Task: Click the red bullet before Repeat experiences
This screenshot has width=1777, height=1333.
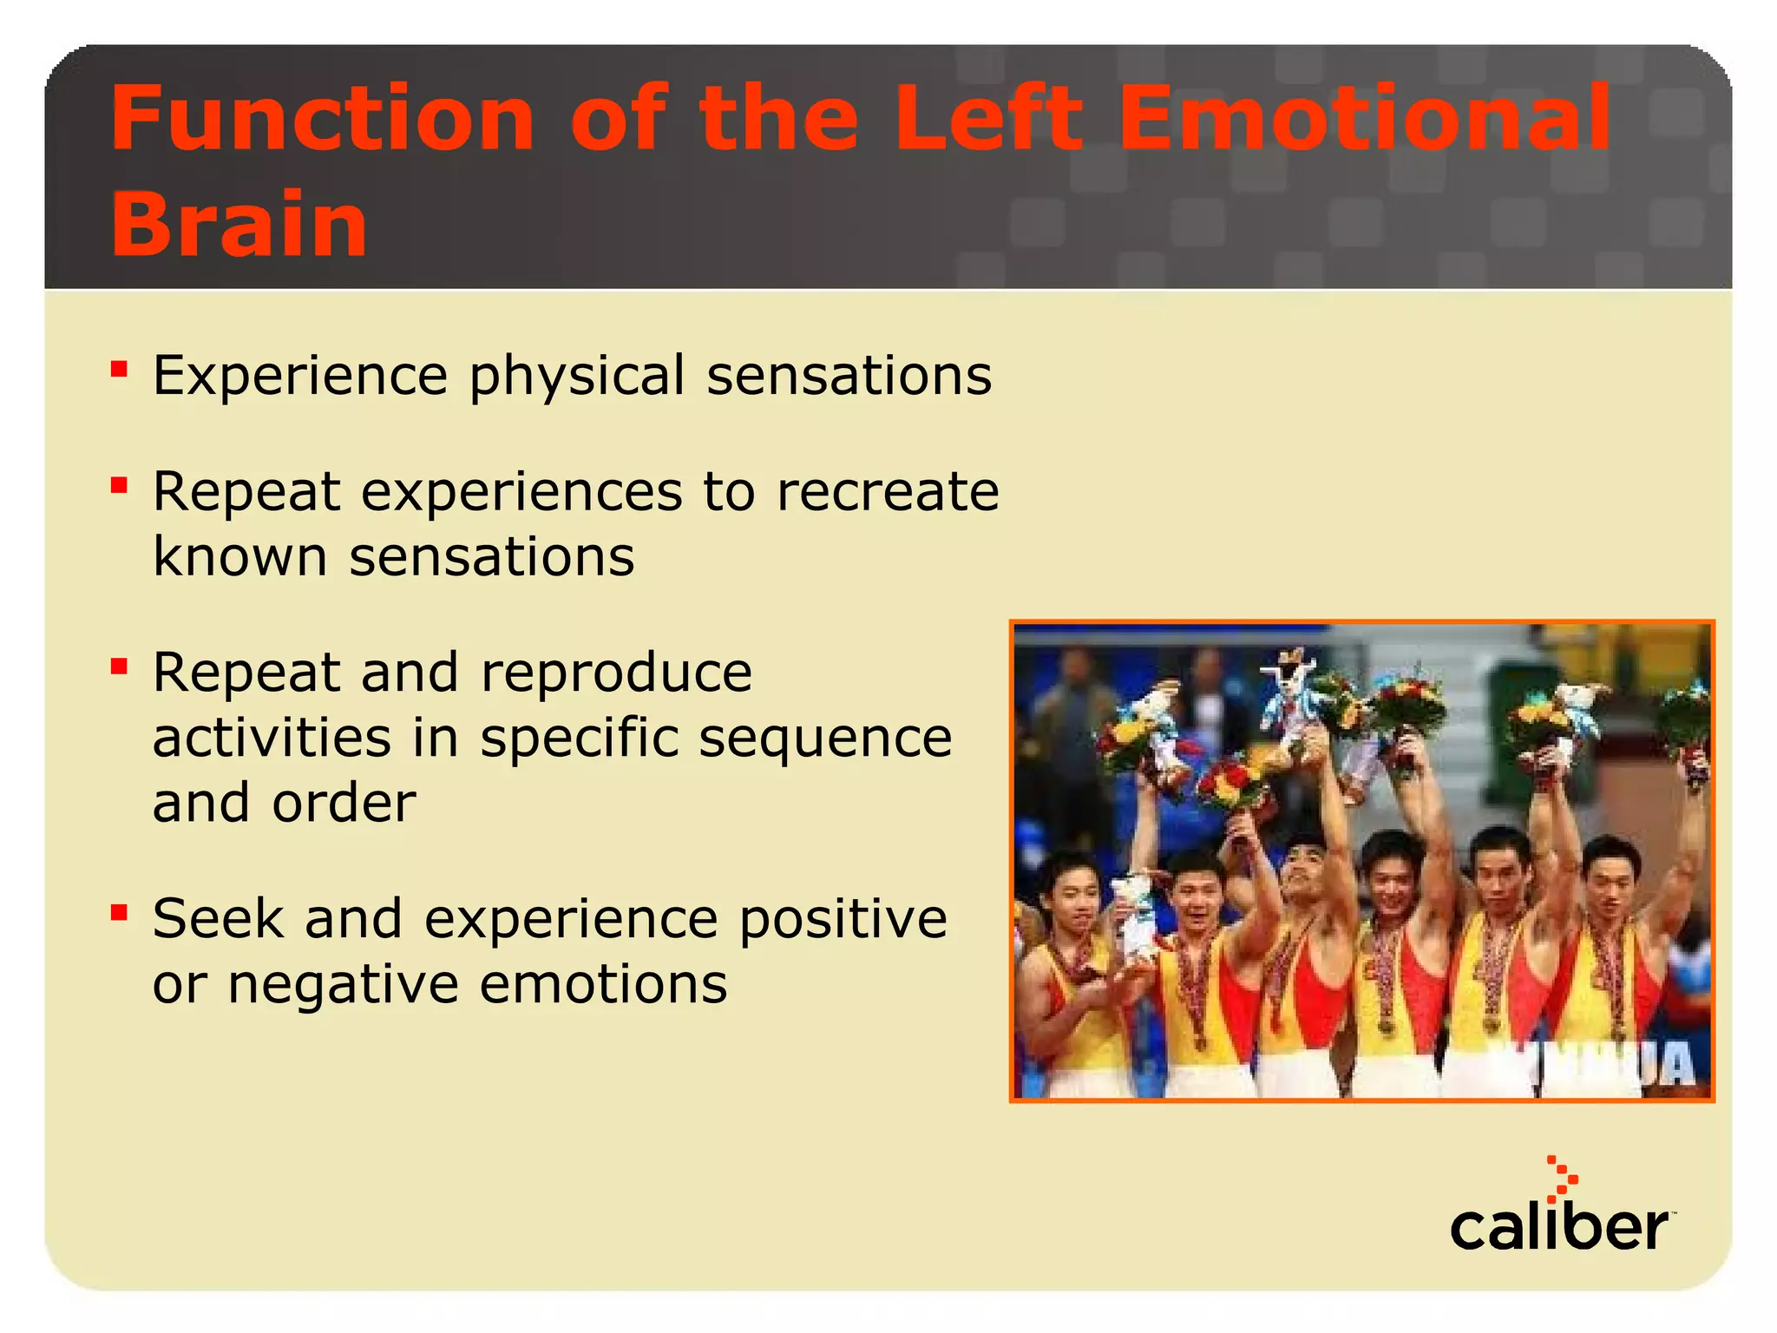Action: pos(120,484)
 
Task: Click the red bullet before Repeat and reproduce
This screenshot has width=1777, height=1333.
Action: pos(120,666)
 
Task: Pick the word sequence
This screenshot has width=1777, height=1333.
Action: pos(824,740)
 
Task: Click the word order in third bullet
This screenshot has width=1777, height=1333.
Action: pos(344,804)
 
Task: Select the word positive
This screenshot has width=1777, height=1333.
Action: pos(843,921)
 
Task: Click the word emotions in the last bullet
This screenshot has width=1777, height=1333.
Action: pos(603,986)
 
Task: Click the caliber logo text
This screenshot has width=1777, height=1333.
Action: pos(1558,1228)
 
